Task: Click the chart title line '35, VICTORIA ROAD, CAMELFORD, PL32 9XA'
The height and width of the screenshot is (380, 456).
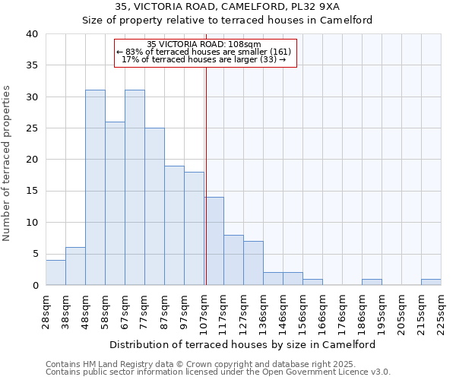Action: [x=227, y=7]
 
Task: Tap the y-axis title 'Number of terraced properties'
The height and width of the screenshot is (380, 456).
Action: [x=8, y=163]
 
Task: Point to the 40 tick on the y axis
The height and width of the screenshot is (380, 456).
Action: [x=31, y=34]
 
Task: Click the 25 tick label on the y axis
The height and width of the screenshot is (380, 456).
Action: [x=31, y=128]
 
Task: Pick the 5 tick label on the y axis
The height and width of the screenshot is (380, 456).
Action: [x=35, y=254]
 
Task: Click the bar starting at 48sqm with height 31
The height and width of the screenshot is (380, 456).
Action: [x=95, y=188]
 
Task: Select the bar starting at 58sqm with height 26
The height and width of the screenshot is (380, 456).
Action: [x=115, y=204]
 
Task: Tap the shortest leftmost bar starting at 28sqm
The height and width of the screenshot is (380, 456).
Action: [x=55, y=273]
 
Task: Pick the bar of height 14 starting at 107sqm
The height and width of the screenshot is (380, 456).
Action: [x=214, y=241]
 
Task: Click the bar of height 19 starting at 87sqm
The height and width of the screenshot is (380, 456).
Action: [x=174, y=226]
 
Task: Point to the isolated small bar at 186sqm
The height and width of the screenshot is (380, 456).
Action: [x=372, y=282]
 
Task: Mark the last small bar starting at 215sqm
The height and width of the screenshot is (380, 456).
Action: [x=431, y=282]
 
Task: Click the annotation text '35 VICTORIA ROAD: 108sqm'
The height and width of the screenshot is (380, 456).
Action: [x=204, y=44]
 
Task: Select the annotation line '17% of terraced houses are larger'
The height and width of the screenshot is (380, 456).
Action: [x=204, y=59]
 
